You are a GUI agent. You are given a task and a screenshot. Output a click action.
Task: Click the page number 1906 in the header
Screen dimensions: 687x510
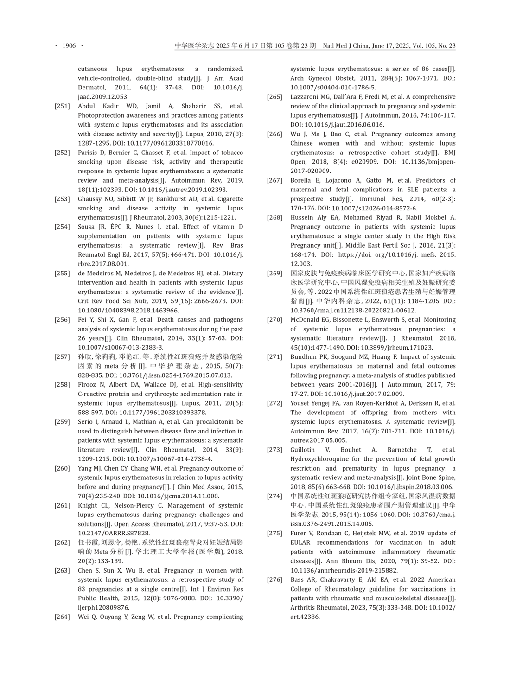[x=69, y=45]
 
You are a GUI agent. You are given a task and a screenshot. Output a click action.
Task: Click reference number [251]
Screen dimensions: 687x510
[x=62, y=106]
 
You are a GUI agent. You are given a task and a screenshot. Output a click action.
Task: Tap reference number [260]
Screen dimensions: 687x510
[x=62, y=468]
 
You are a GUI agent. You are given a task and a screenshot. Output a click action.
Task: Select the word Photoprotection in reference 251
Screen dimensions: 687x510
[x=100, y=115]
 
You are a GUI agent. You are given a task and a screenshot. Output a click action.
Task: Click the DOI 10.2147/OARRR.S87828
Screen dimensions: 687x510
[x=114, y=533]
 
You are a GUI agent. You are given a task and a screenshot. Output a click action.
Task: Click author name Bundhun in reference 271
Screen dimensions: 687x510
[x=303, y=356]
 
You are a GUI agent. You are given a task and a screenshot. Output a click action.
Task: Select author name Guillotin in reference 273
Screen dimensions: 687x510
[x=303, y=450]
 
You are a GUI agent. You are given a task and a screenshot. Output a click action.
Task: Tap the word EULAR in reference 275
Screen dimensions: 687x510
[x=300, y=542]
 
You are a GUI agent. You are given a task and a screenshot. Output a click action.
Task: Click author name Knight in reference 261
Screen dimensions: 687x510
[x=87, y=505]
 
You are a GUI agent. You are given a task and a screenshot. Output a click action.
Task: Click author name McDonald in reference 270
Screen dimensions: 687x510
[x=306, y=319]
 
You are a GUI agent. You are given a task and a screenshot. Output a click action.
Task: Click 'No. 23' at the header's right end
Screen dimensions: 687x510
[x=446, y=45]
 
